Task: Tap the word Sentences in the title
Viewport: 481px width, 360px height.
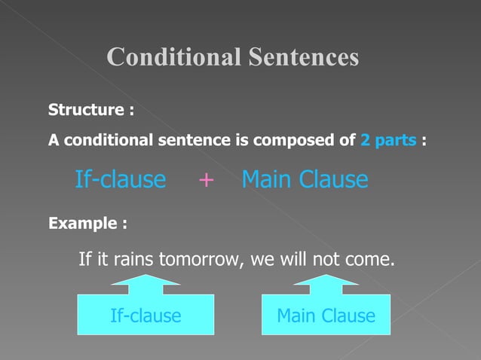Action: click(305, 57)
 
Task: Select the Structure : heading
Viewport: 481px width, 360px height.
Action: click(91, 111)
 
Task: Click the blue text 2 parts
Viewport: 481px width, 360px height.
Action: click(389, 140)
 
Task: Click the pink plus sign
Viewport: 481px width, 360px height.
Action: click(205, 180)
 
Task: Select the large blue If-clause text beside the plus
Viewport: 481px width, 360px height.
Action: click(121, 180)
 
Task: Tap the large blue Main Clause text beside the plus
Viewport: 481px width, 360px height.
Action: click(305, 180)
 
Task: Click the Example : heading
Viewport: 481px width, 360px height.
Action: click(87, 224)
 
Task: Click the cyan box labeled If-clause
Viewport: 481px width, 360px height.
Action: click(146, 315)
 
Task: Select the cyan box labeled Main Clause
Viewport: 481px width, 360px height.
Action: click(326, 315)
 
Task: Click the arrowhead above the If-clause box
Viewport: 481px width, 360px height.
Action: click(146, 281)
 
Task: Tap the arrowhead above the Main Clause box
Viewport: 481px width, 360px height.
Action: click(326, 281)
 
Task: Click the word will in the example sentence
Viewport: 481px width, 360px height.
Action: click(291, 261)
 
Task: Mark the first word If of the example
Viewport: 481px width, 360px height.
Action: click(85, 261)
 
